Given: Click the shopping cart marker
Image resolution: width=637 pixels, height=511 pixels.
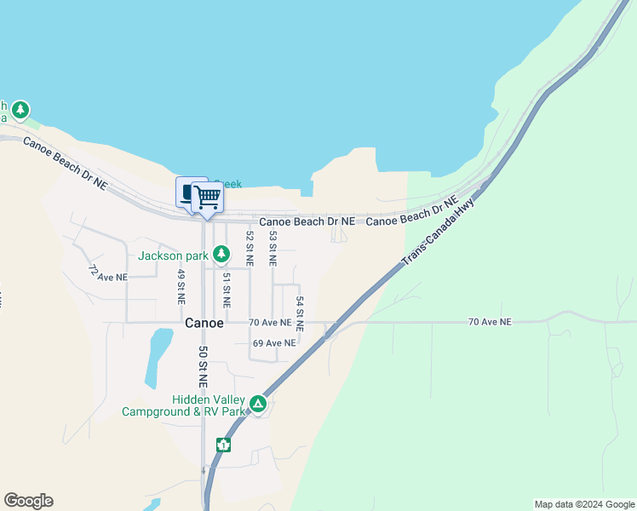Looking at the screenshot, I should click(x=208, y=197).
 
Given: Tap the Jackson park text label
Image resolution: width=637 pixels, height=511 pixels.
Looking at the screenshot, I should click(x=173, y=255).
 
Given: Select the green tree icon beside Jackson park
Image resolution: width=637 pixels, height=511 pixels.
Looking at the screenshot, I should click(x=221, y=254).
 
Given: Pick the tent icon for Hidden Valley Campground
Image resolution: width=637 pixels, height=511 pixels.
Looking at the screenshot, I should click(x=258, y=405).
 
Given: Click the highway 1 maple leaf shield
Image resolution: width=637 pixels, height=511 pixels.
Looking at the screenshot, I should click(x=223, y=445).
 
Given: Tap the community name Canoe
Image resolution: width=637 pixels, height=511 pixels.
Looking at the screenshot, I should click(x=204, y=324).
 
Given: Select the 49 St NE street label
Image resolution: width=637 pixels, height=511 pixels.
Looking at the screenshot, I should click(x=181, y=287).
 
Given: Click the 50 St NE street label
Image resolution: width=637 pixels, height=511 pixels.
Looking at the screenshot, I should click(x=204, y=367).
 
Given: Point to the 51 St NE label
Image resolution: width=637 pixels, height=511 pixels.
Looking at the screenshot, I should click(x=227, y=290).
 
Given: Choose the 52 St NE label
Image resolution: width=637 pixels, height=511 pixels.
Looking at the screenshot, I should click(x=250, y=250).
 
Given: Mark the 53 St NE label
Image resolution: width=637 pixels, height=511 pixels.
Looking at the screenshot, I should click(x=273, y=247).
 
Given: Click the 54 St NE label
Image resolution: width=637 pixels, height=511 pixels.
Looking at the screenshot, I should click(x=300, y=313).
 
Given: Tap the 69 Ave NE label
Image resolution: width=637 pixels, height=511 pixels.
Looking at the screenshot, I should click(x=274, y=343).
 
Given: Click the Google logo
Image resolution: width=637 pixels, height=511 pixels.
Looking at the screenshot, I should click(x=28, y=501).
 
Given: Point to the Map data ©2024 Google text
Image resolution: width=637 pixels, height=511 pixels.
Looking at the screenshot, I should click(x=583, y=504).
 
